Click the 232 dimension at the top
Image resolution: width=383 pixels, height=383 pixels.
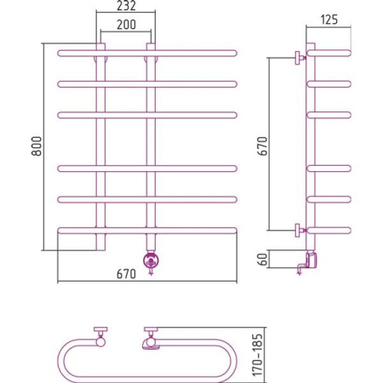[x=126, y=6]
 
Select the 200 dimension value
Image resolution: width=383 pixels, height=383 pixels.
[x=126, y=25]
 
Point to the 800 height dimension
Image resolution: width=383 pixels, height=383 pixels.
[x=37, y=146]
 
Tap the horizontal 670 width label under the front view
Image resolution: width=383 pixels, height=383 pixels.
[x=126, y=274]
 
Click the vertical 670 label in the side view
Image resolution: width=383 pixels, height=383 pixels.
[x=262, y=146]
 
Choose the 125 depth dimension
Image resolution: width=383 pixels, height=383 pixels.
[x=329, y=20]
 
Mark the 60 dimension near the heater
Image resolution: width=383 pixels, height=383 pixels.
[x=263, y=259]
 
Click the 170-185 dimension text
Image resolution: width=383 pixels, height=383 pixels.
[x=258, y=355]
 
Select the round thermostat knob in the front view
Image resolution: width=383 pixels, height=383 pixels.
[x=151, y=260]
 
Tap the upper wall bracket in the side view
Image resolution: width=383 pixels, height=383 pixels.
[x=300, y=58]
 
